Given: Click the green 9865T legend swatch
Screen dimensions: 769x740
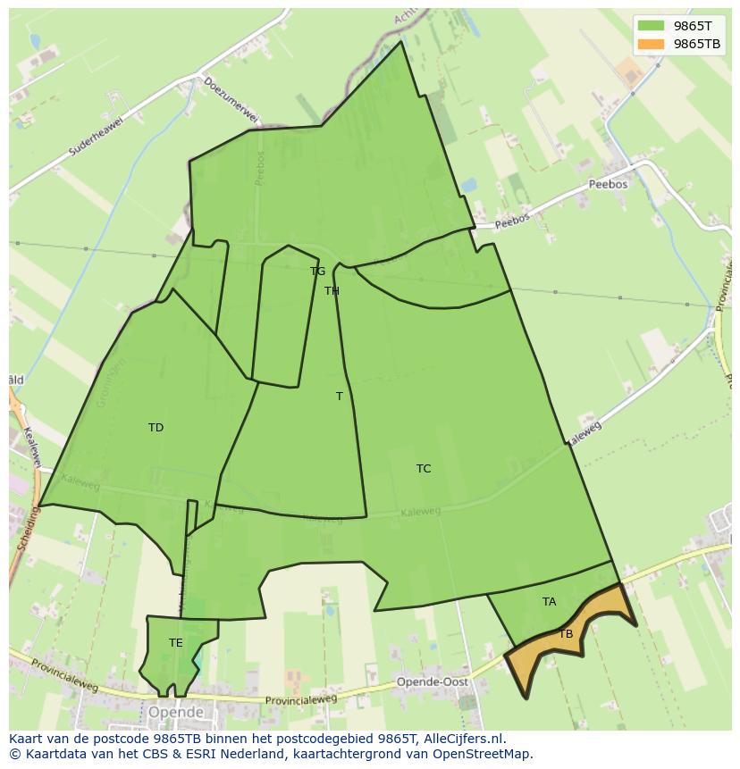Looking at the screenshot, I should pos(651,25).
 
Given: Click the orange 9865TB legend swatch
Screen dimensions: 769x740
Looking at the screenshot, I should pos(651,44).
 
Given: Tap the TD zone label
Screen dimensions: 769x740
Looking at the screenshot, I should pos(156,428).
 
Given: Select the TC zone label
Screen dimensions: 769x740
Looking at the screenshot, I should pos(424,469).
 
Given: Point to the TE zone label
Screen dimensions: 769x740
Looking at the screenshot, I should pos(176,643).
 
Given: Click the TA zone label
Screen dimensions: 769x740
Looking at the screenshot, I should pos(549,602).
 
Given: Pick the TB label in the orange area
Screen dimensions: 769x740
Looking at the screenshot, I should pos(566,634).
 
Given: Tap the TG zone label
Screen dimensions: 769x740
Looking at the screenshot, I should pos(317,272).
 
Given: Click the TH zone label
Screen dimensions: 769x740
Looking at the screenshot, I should pos(332,291).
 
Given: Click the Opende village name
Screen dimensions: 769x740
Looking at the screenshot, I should pos(176,713).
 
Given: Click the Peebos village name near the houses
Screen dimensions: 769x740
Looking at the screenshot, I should pos(609,184).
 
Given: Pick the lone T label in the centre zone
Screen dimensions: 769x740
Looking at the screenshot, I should pos(339,397).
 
